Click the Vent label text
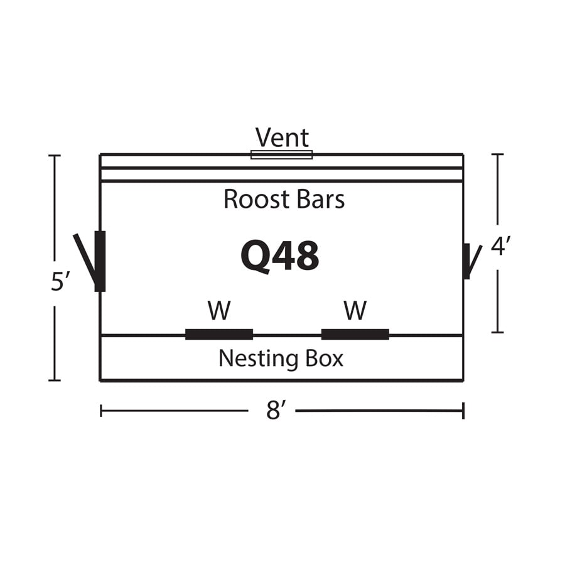point(282,138)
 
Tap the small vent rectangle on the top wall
point(281,154)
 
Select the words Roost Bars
point(284,200)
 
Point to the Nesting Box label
point(281,358)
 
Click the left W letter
point(219,310)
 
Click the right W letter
point(355,310)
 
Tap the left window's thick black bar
point(219,334)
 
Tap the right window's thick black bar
point(355,334)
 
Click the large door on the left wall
point(99,261)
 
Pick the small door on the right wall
point(467,261)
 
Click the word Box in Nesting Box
point(324,358)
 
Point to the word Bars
point(321,200)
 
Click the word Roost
point(249,200)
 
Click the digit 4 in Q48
point(282,256)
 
